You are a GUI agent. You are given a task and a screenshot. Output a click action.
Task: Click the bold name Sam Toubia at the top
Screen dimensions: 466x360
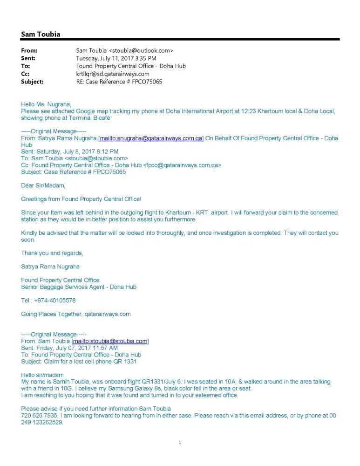[x=41, y=34]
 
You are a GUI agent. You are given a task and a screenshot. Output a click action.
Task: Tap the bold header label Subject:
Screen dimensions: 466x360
[x=32, y=82]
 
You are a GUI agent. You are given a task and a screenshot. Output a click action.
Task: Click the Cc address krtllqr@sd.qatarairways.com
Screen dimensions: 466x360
[x=113, y=74]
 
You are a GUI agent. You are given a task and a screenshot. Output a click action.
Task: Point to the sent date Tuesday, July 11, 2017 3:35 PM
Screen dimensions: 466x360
[x=116, y=58]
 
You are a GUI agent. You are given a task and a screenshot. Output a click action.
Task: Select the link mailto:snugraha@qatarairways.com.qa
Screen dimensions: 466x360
[x=151, y=138]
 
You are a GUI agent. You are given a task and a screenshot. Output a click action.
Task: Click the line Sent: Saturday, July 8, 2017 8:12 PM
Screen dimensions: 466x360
[x=70, y=151]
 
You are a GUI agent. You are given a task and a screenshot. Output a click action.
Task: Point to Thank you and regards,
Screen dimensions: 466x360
[x=52, y=253]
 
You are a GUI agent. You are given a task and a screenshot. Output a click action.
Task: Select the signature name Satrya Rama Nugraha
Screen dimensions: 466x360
[x=50, y=267]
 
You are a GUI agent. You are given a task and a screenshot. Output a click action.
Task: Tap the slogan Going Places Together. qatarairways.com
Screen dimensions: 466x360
[x=76, y=314]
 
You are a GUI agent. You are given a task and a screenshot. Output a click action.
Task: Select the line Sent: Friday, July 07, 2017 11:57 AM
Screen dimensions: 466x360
[x=69, y=348]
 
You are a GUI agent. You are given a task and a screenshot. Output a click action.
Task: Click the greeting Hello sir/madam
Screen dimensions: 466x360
[x=42, y=375]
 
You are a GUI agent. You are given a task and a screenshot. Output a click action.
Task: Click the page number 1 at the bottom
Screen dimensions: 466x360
[x=180, y=443]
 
